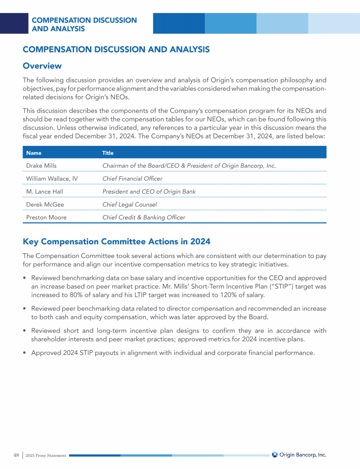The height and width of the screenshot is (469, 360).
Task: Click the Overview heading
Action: pyautogui.click(x=42, y=66)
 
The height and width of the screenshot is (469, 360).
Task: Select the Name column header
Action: pyautogui.click(x=33, y=153)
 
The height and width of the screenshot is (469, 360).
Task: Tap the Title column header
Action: pyautogui.click(x=108, y=153)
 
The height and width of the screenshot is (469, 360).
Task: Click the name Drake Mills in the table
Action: pyautogui.click(x=40, y=166)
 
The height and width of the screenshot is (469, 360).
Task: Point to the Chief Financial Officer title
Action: pyautogui.click(x=132, y=179)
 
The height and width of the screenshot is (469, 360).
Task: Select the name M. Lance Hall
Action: pyautogui.click(x=45, y=191)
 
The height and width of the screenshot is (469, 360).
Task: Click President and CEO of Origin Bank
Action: pyautogui.click(x=149, y=191)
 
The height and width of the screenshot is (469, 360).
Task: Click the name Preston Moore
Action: pyautogui.click(x=46, y=218)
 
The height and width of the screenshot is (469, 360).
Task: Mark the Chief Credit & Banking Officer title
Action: pyautogui.click(x=143, y=218)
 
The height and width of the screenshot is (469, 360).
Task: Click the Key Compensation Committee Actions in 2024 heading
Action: pyautogui.click(x=116, y=242)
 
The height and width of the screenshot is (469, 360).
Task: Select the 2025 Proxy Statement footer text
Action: pyautogui.click(x=46, y=455)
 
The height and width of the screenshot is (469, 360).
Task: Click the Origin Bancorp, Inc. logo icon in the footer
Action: pyautogui.click(x=275, y=454)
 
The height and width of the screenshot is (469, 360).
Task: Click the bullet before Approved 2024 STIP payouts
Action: pyautogui.click(x=25, y=352)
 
